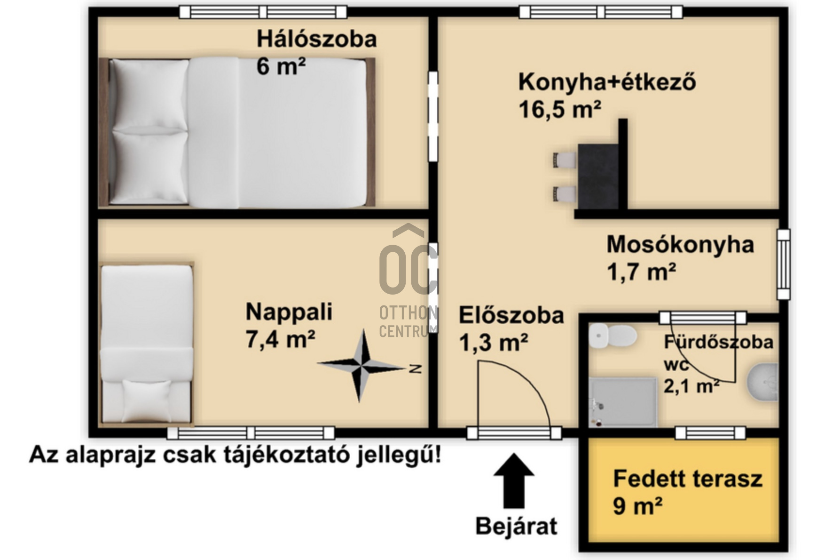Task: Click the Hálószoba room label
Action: [316, 39]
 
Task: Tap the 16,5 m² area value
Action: [559, 110]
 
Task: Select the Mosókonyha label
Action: [680, 245]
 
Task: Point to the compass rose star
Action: [361, 365]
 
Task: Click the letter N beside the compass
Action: [415, 369]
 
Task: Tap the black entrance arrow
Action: [514, 480]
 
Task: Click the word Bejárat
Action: [516, 526]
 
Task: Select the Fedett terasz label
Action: [687, 479]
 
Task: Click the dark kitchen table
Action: [597, 176]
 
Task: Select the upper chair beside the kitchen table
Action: [564, 160]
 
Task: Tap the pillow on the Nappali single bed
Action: [147, 400]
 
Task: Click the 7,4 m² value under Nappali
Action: [280, 339]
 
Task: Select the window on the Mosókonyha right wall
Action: [783, 264]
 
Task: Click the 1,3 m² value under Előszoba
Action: [493, 343]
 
